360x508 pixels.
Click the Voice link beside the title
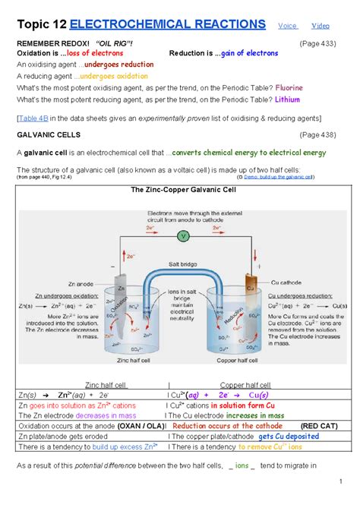286,25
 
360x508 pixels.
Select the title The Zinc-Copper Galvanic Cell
180,190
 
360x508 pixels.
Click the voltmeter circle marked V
182,236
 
